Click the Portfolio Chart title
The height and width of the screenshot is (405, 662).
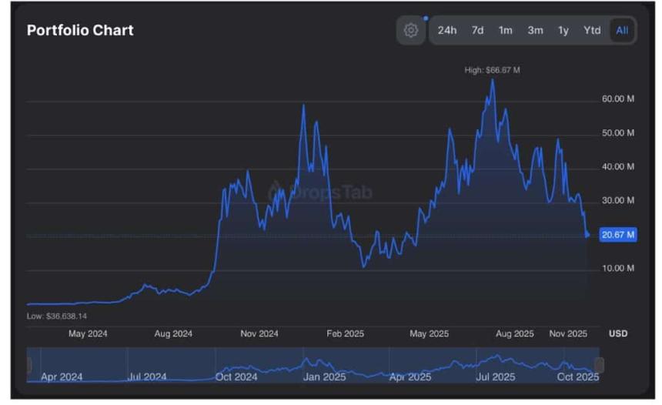(80, 30)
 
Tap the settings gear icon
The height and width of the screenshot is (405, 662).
(411, 30)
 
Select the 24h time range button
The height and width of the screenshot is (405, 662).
(447, 30)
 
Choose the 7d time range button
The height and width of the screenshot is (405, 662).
(477, 30)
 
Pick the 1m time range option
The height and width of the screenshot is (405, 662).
(505, 30)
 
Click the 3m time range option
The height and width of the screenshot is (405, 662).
(535, 30)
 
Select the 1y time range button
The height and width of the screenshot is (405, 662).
(563, 30)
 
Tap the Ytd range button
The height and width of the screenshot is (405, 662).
(591, 30)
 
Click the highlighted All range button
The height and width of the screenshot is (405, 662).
(622, 30)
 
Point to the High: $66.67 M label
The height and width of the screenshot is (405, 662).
(492, 70)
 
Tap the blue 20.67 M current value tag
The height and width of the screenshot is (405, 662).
(618, 235)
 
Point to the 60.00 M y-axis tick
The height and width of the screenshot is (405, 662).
(618, 99)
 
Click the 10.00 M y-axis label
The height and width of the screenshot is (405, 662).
(618, 268)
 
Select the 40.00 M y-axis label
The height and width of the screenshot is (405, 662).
(618, 166)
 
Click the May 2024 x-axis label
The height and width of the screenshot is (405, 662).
(88, 333)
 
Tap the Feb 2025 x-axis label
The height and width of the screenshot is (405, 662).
(345, 333)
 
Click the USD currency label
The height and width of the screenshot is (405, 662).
(618, 333)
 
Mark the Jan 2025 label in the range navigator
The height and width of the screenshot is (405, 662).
(324, 377)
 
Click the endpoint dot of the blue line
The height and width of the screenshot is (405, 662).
(588, 235)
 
